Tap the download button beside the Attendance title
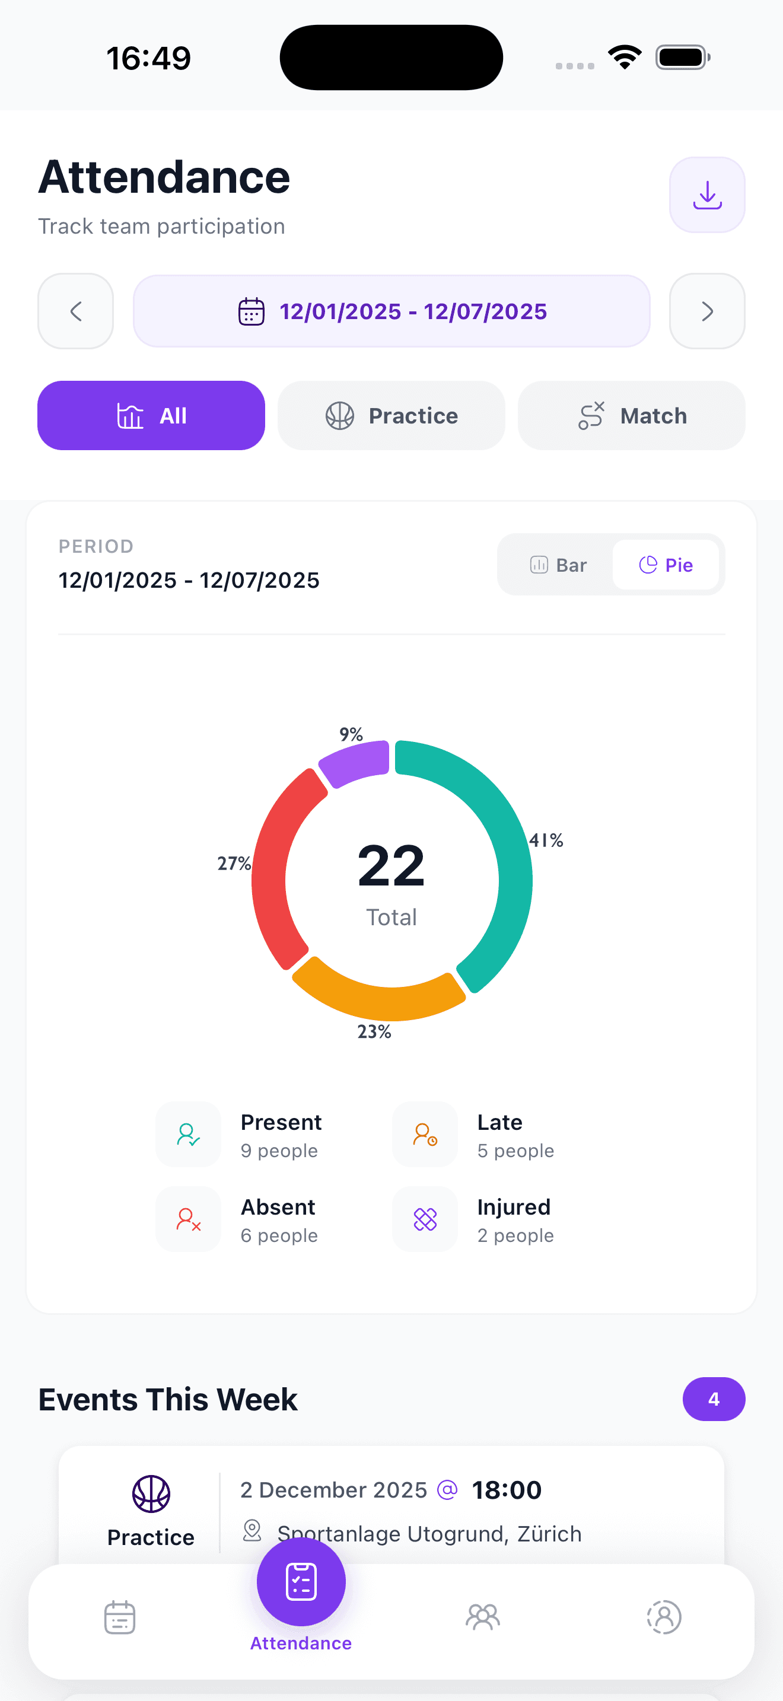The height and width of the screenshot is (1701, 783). tap(706, 195)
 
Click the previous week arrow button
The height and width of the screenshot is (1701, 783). tap(76, 311)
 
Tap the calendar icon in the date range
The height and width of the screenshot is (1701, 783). tap(251, 312)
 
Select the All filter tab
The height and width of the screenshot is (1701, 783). tap(151, 415)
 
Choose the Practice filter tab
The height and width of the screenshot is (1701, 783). tap(391, 415)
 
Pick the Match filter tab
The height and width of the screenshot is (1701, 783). tap(631, 415)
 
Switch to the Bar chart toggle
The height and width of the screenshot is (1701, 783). tap(558, 565)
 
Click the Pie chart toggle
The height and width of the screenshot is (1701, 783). tap(666, 565)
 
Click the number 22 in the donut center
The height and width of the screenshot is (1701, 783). tap(391, 865)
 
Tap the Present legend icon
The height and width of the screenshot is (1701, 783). tap(188, 1135)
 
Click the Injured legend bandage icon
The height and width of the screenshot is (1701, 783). tap(425, 1219)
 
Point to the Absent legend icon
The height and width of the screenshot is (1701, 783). tap(188, 1219)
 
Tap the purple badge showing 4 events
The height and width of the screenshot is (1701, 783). tap(713, 1399)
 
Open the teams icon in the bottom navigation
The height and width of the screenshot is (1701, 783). tap(483, 1616)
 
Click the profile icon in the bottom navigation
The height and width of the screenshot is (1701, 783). tap(664, 1616)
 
